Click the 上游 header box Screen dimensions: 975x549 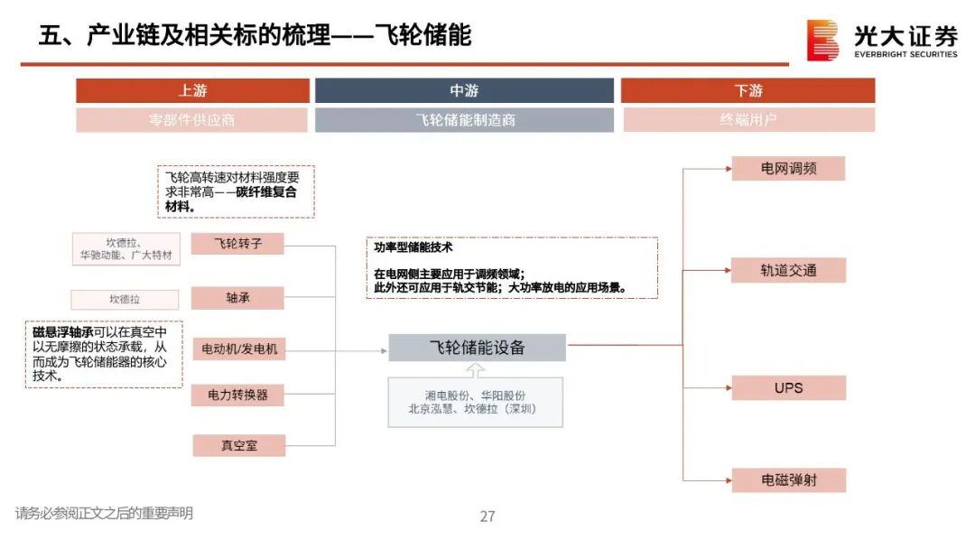(192, 90)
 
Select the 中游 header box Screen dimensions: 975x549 (464, 90)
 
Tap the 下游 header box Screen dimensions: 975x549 (747, 90)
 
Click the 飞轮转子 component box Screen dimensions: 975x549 (238, 244)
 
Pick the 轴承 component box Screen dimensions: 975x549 (238, 298)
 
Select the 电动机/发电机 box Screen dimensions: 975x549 (238, 349)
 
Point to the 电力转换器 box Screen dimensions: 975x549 (238, 395)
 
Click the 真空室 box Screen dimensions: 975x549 (238, 444)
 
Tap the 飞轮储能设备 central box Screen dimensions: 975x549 (477, 348)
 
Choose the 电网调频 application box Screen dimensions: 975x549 (788, 169)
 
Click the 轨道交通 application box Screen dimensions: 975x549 (788, 270)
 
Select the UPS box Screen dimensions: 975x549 (788, 388)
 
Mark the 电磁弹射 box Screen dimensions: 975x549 (788, 480)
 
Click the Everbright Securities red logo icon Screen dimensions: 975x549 (822, 40)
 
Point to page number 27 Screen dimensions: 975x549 (487, 516)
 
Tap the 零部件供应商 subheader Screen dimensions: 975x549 (192, 120)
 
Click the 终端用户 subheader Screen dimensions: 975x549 (747, 120)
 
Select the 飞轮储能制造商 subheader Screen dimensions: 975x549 (464, 120)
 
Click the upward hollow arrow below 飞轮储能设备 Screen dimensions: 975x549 (476, 370)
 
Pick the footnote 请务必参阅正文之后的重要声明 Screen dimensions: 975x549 (104, 514)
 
